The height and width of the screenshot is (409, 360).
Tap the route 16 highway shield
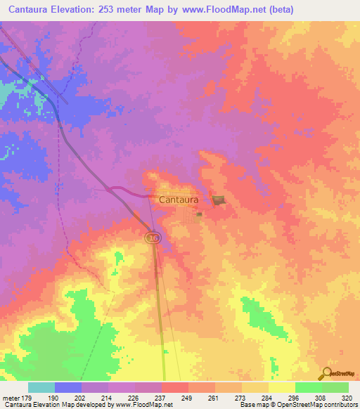153,239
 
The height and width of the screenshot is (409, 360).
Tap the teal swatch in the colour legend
41,388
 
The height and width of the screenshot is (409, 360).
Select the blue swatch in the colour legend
68,388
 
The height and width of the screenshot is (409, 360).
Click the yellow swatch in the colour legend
281,388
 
